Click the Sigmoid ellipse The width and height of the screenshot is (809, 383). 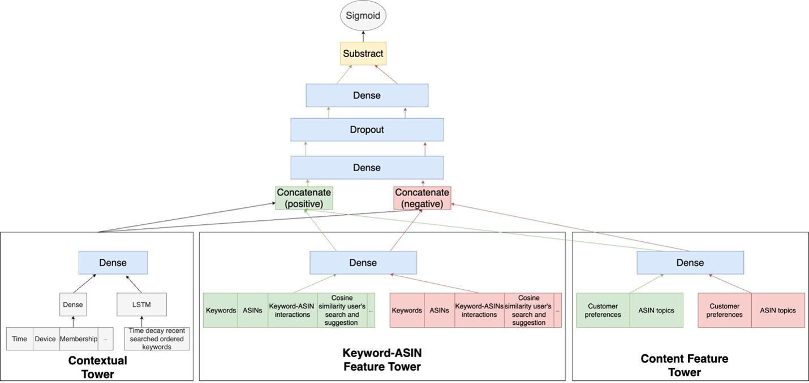pyautogui.click(x=363, y=16)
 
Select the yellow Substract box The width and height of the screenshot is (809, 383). pyautogui.click(x=363, y=54)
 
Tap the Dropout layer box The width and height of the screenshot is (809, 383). pyautogui.click(x=367, y=129)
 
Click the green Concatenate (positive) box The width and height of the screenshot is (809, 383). pyautogui.click(x=304, y=198)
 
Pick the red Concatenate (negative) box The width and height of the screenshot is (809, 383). pyautogui.click(x=422, y=198)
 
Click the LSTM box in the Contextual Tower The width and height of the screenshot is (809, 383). pyautogui.click(x=141, y=304)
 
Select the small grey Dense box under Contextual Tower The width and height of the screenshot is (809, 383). pyautogui.click(x=73, y=304)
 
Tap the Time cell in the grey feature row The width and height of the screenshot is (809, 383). pyautogui.click(x=20, y=339)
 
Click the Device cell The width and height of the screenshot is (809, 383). pyautogui.click(x=46, y=339)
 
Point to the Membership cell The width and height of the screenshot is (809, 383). pyautogui.click(x=79, y=339)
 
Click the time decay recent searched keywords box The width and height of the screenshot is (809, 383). pyautogui.click(x=157, y=339)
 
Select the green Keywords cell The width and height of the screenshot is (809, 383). pyautogui.click(x=221, y=310)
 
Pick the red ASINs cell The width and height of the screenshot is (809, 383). pyautogui.click(x=439, y=310)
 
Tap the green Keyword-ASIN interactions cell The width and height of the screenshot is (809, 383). pyautogui.click(x=292, y=310)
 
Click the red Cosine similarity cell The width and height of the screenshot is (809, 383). pyautogui.click(x=528, y=310)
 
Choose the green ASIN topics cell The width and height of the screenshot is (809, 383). pyautogui.click(x=656, y=310)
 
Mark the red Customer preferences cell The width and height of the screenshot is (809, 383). pyautogui.click(x=725, y=310)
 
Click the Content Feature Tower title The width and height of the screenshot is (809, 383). pyautogui.click(x=685, y=365)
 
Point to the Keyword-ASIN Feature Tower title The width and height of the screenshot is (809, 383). pyautogui.click(x=382, y=360)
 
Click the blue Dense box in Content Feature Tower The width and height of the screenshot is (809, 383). pyautogui.click(x=690, y=263)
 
